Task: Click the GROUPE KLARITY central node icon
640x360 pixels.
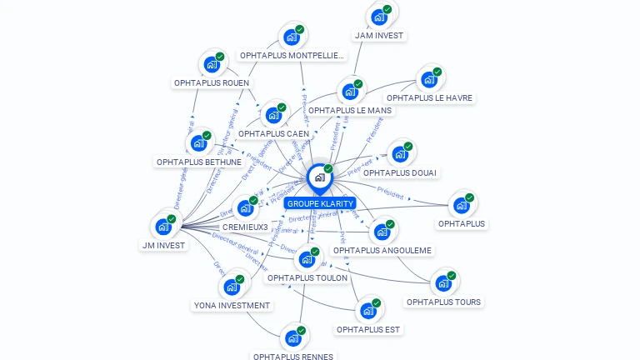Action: pos(319,177)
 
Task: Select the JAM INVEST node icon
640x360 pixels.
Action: pos(379,17)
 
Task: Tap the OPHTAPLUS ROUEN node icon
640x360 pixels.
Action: pos(212,64)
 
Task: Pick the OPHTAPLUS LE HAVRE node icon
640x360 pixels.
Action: pos(429,79)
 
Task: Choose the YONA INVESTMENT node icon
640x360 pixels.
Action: pos(232,287)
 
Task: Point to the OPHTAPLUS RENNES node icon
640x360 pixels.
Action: pos(292,338)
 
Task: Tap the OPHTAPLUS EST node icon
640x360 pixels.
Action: pos(368,311)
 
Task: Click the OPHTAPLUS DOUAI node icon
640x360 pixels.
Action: pos(400,154)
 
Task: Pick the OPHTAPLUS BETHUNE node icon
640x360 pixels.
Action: pos(198,143)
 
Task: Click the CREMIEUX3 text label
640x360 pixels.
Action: pos(245,227)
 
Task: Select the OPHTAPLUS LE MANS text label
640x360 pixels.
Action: pos(349,110)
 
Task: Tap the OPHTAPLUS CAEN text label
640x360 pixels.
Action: pos(273,133)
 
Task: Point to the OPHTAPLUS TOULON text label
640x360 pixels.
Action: pos(307,278)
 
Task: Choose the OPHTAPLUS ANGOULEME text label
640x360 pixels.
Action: pos(382,250)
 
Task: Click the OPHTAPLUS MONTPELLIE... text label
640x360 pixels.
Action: pos(292,56)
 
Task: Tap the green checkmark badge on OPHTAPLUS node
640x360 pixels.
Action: pos(470,197)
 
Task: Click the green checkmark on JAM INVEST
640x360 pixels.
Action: pos(387,9)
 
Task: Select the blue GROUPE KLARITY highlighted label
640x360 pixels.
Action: pos(320,203)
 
